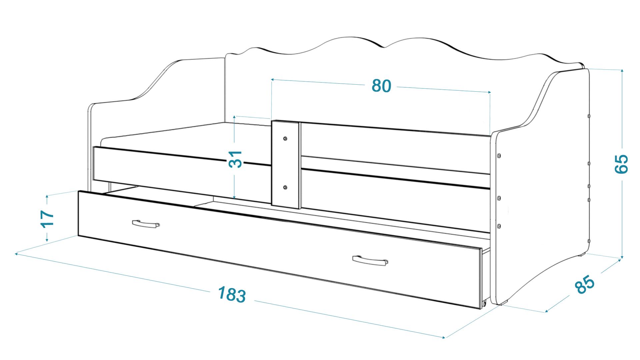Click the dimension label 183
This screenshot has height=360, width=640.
pos(232,295)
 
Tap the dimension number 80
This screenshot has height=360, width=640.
pos(381,86)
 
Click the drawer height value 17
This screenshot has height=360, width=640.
pos(47,219)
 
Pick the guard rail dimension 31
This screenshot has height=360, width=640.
pos(235,159)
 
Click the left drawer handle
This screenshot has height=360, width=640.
pos(146,224)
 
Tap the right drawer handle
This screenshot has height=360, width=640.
pos(370,260)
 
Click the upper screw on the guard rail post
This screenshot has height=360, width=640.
pos(285,138)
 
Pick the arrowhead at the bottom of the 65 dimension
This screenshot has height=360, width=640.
pos(621,256)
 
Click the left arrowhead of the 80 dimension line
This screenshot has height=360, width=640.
pos(273,80)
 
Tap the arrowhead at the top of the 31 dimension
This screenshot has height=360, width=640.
pos(235,117)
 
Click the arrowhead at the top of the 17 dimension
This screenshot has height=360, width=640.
pos(47,197)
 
